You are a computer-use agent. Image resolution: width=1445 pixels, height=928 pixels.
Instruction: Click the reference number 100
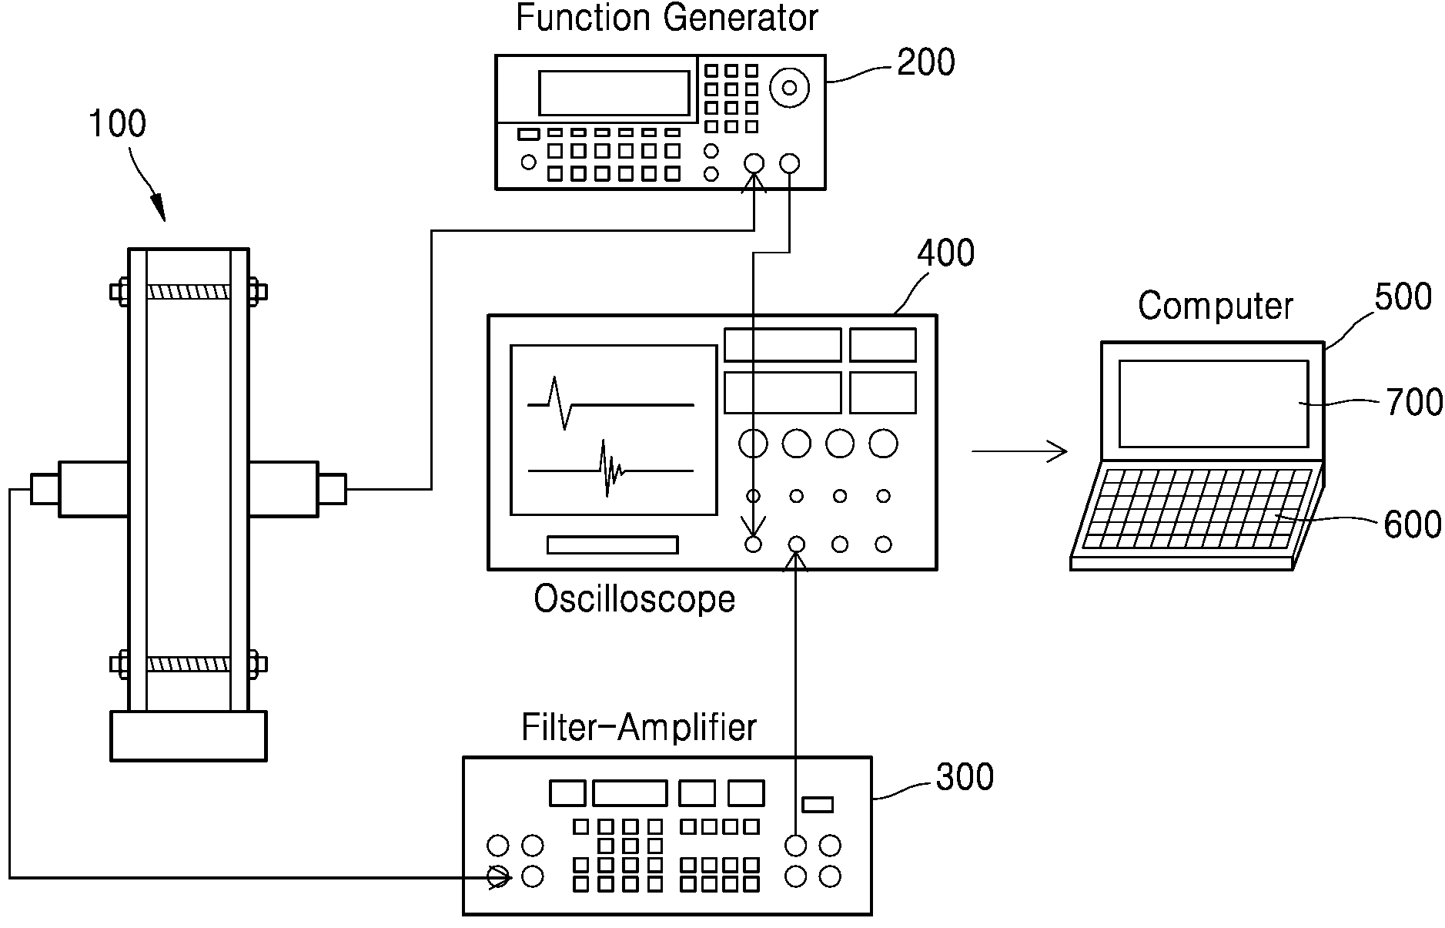(117, 124)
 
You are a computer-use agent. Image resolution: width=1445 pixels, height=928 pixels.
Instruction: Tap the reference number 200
(926, 62)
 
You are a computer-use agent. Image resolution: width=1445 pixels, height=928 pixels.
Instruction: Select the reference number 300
(965, 777)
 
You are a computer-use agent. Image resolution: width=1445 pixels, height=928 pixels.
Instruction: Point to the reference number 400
(945, 253)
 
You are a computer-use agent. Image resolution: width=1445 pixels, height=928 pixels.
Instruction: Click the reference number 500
(1403, 296)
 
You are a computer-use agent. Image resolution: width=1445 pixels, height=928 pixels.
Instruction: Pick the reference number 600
(1413, 524)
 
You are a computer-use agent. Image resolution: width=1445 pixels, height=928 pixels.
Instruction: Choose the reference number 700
(1414, 403)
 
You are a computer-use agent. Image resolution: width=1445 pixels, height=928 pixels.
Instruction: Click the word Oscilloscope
(634, 599)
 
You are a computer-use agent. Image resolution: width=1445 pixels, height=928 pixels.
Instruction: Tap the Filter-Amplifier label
(639, 727)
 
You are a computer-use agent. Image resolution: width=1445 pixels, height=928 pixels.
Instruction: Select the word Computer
(1216, 306)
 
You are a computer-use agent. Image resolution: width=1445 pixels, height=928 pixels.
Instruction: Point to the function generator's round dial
(789, 87)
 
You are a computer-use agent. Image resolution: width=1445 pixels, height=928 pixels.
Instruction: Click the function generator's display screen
(614, 93)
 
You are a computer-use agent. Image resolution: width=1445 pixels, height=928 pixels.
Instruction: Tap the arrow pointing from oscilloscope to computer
(1019, 451)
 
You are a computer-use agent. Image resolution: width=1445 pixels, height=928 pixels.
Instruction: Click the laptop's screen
(1213, 404)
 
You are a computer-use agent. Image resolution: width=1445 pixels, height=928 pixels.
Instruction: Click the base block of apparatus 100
(189, 735)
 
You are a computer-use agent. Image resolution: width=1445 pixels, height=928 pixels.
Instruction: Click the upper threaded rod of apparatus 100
(189, 293)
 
